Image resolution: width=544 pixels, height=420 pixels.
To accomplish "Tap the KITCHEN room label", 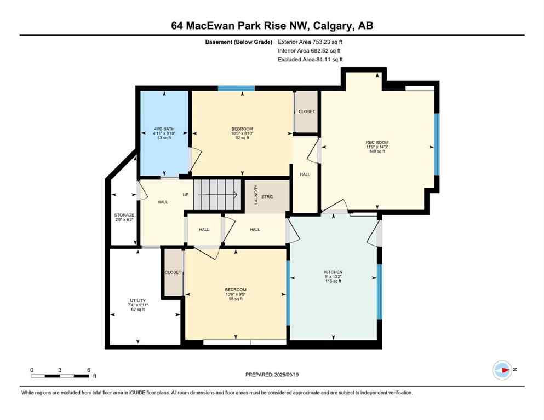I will (x=333, y=272).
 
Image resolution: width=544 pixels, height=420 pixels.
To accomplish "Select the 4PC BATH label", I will (x=164, y=129).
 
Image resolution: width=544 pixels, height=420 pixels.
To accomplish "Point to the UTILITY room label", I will (x=137, y=300).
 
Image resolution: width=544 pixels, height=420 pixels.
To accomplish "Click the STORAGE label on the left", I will (x=124, y=215).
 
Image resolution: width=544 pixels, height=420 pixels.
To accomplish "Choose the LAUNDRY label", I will (x=255, y=195).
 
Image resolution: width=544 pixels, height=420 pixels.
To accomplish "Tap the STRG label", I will (x=267, y=196).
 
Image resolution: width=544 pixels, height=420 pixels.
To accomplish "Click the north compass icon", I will (x=502, y=370).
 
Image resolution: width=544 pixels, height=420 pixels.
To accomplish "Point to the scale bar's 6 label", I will (x=89, y=370).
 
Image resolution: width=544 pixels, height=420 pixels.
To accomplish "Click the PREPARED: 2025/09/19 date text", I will (x=272, y=375).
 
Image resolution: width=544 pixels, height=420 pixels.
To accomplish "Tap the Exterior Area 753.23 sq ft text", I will (x=311, y=42).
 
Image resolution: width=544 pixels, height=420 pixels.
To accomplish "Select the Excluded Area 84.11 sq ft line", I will (x=311, y=59).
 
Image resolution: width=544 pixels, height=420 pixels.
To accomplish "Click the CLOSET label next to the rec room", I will (x=307, y=112).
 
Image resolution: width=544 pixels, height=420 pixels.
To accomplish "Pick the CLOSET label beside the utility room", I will (x=173, y=272).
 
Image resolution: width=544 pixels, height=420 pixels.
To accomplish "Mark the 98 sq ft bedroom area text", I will (x=236, y=299).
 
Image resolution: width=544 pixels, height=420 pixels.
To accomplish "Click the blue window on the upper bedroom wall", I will (x=236, y=87).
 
